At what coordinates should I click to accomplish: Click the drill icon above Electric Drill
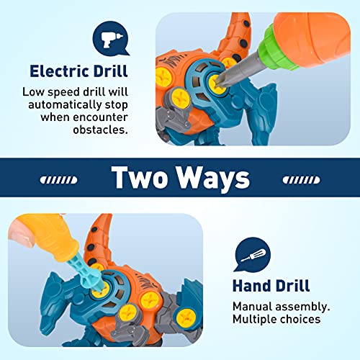click(x=111, y=39)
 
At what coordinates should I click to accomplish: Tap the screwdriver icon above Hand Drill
click(x=252, y=255)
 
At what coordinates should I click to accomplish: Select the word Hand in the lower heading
click(x=251, y=286)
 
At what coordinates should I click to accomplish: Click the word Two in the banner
click(x=140, y=177)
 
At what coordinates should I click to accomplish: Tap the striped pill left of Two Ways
click(x=59, y=180)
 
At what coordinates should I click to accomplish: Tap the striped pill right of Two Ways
click(x=301, y=180)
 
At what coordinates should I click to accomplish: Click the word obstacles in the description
click(x=100, y=130)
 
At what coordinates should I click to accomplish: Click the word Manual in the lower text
click(x=252, y=307)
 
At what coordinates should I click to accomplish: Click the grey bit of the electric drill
click(x=239, y=69)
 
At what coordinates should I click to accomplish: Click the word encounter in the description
click(x=101, y=117)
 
